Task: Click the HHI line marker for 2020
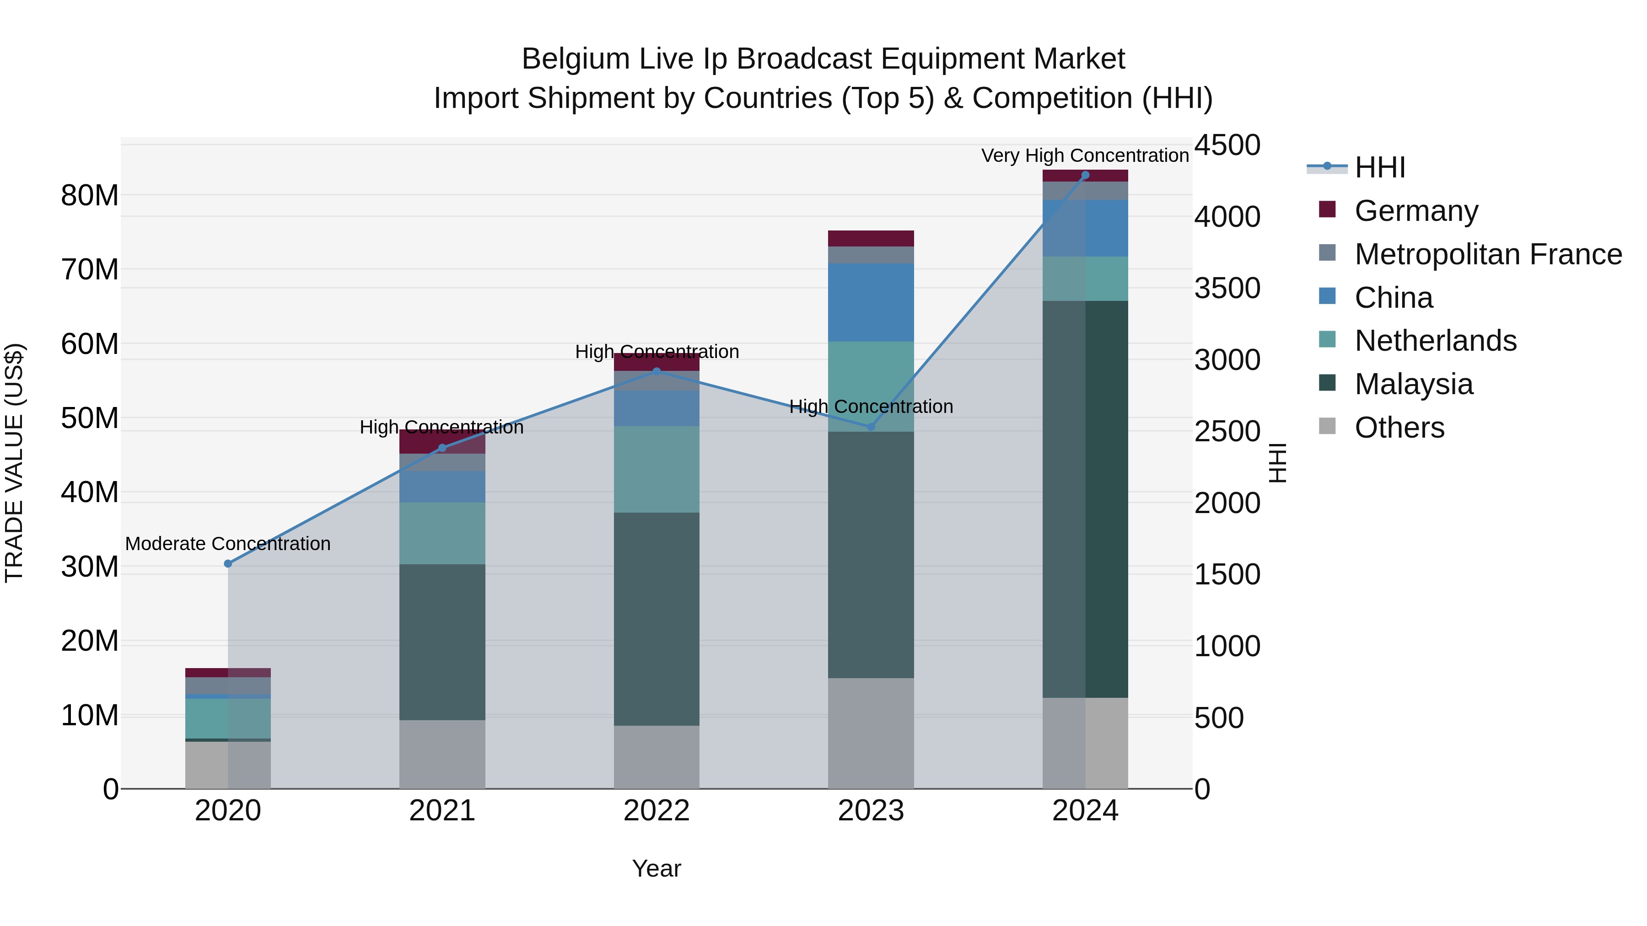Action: [x=228, y=564]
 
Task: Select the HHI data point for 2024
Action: [x=1085, y=175]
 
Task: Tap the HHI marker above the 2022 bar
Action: [x=656, y=371]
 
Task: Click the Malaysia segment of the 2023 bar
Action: [x=870, y=554]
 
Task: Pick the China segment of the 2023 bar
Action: [x=870, y=302]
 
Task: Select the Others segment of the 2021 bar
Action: [x=442, y=754]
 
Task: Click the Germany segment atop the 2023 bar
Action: [x=870, y=238]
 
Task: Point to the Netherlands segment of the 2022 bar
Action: [x=656, y=469]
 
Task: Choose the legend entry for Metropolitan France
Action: [x=1487, y=254]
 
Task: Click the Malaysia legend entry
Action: [x=1413, y=384]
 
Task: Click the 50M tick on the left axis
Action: [x=90, y=418]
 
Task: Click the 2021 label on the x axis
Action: [x=442, y=811]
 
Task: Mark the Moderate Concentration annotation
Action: [x=228, y=544]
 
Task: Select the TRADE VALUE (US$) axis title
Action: [x=14, y=463]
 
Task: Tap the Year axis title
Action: [x=656, y=868]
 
